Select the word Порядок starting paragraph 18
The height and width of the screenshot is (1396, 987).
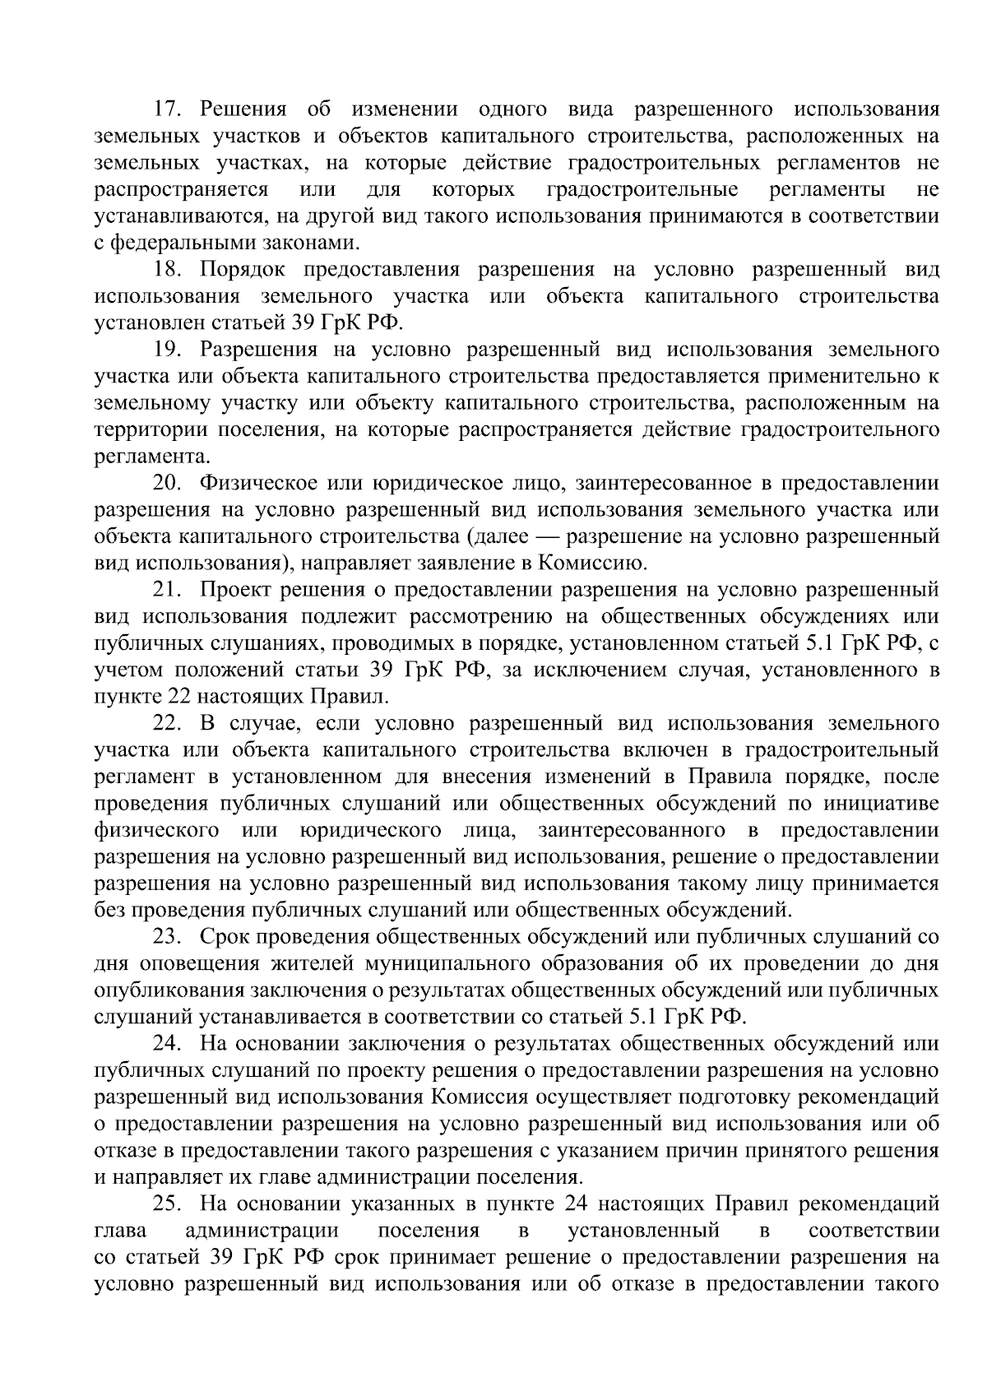(245, 270)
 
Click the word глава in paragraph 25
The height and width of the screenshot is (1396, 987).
(120, 1231)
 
